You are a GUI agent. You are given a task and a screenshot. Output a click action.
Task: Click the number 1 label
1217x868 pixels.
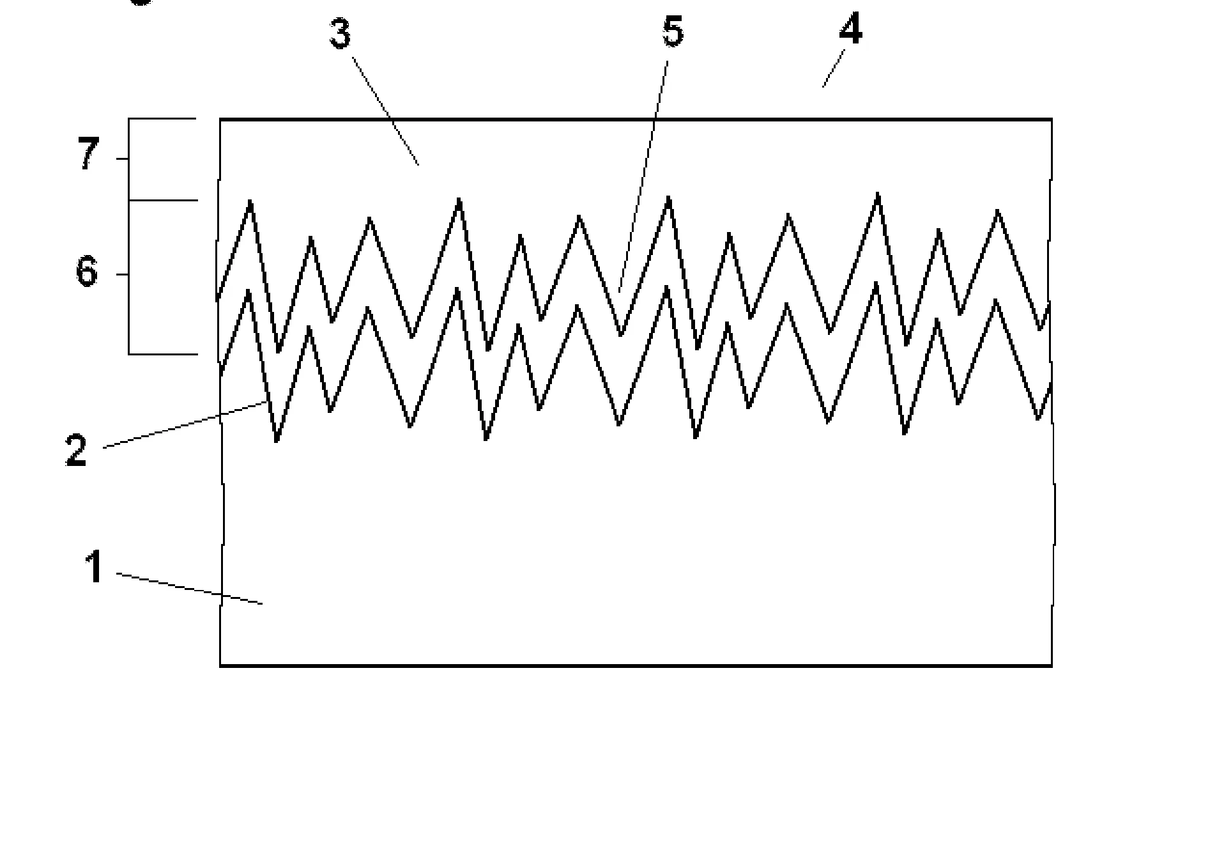pos(95,567)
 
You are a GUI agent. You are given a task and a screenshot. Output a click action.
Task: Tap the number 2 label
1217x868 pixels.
pos(76,451)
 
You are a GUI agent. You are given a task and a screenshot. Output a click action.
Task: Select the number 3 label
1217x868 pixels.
pos(341,34)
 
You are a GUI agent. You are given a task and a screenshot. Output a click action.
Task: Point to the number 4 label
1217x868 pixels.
pos(850,29)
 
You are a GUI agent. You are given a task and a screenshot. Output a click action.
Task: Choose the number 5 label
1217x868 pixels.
pos(673,32)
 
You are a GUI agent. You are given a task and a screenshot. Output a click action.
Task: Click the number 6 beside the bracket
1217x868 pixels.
pos(87,272)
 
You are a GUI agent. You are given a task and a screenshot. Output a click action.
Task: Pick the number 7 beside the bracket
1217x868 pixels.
pos(89,155)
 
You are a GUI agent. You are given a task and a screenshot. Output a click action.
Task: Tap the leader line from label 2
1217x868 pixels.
pos(185,424)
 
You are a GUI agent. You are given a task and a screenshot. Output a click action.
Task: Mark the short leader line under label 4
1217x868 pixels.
pos(833,69)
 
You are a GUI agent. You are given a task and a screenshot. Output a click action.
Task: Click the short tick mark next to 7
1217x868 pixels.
pos(122,159)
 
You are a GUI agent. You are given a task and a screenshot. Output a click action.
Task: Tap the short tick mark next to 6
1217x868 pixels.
pos(122,275)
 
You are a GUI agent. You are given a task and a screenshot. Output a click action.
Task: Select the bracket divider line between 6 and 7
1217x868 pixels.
pos(163,200)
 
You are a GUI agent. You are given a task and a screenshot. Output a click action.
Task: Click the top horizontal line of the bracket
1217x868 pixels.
pos(162,119)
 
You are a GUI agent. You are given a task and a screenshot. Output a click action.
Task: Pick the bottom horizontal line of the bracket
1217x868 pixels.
pos(163,353)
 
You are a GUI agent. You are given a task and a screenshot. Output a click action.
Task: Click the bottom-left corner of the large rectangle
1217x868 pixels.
pos(220,665)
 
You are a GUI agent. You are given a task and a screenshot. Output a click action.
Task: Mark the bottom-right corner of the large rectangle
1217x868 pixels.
pos(1052,665)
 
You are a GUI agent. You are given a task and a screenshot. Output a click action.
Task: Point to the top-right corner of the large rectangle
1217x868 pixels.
pos(1052,120)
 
